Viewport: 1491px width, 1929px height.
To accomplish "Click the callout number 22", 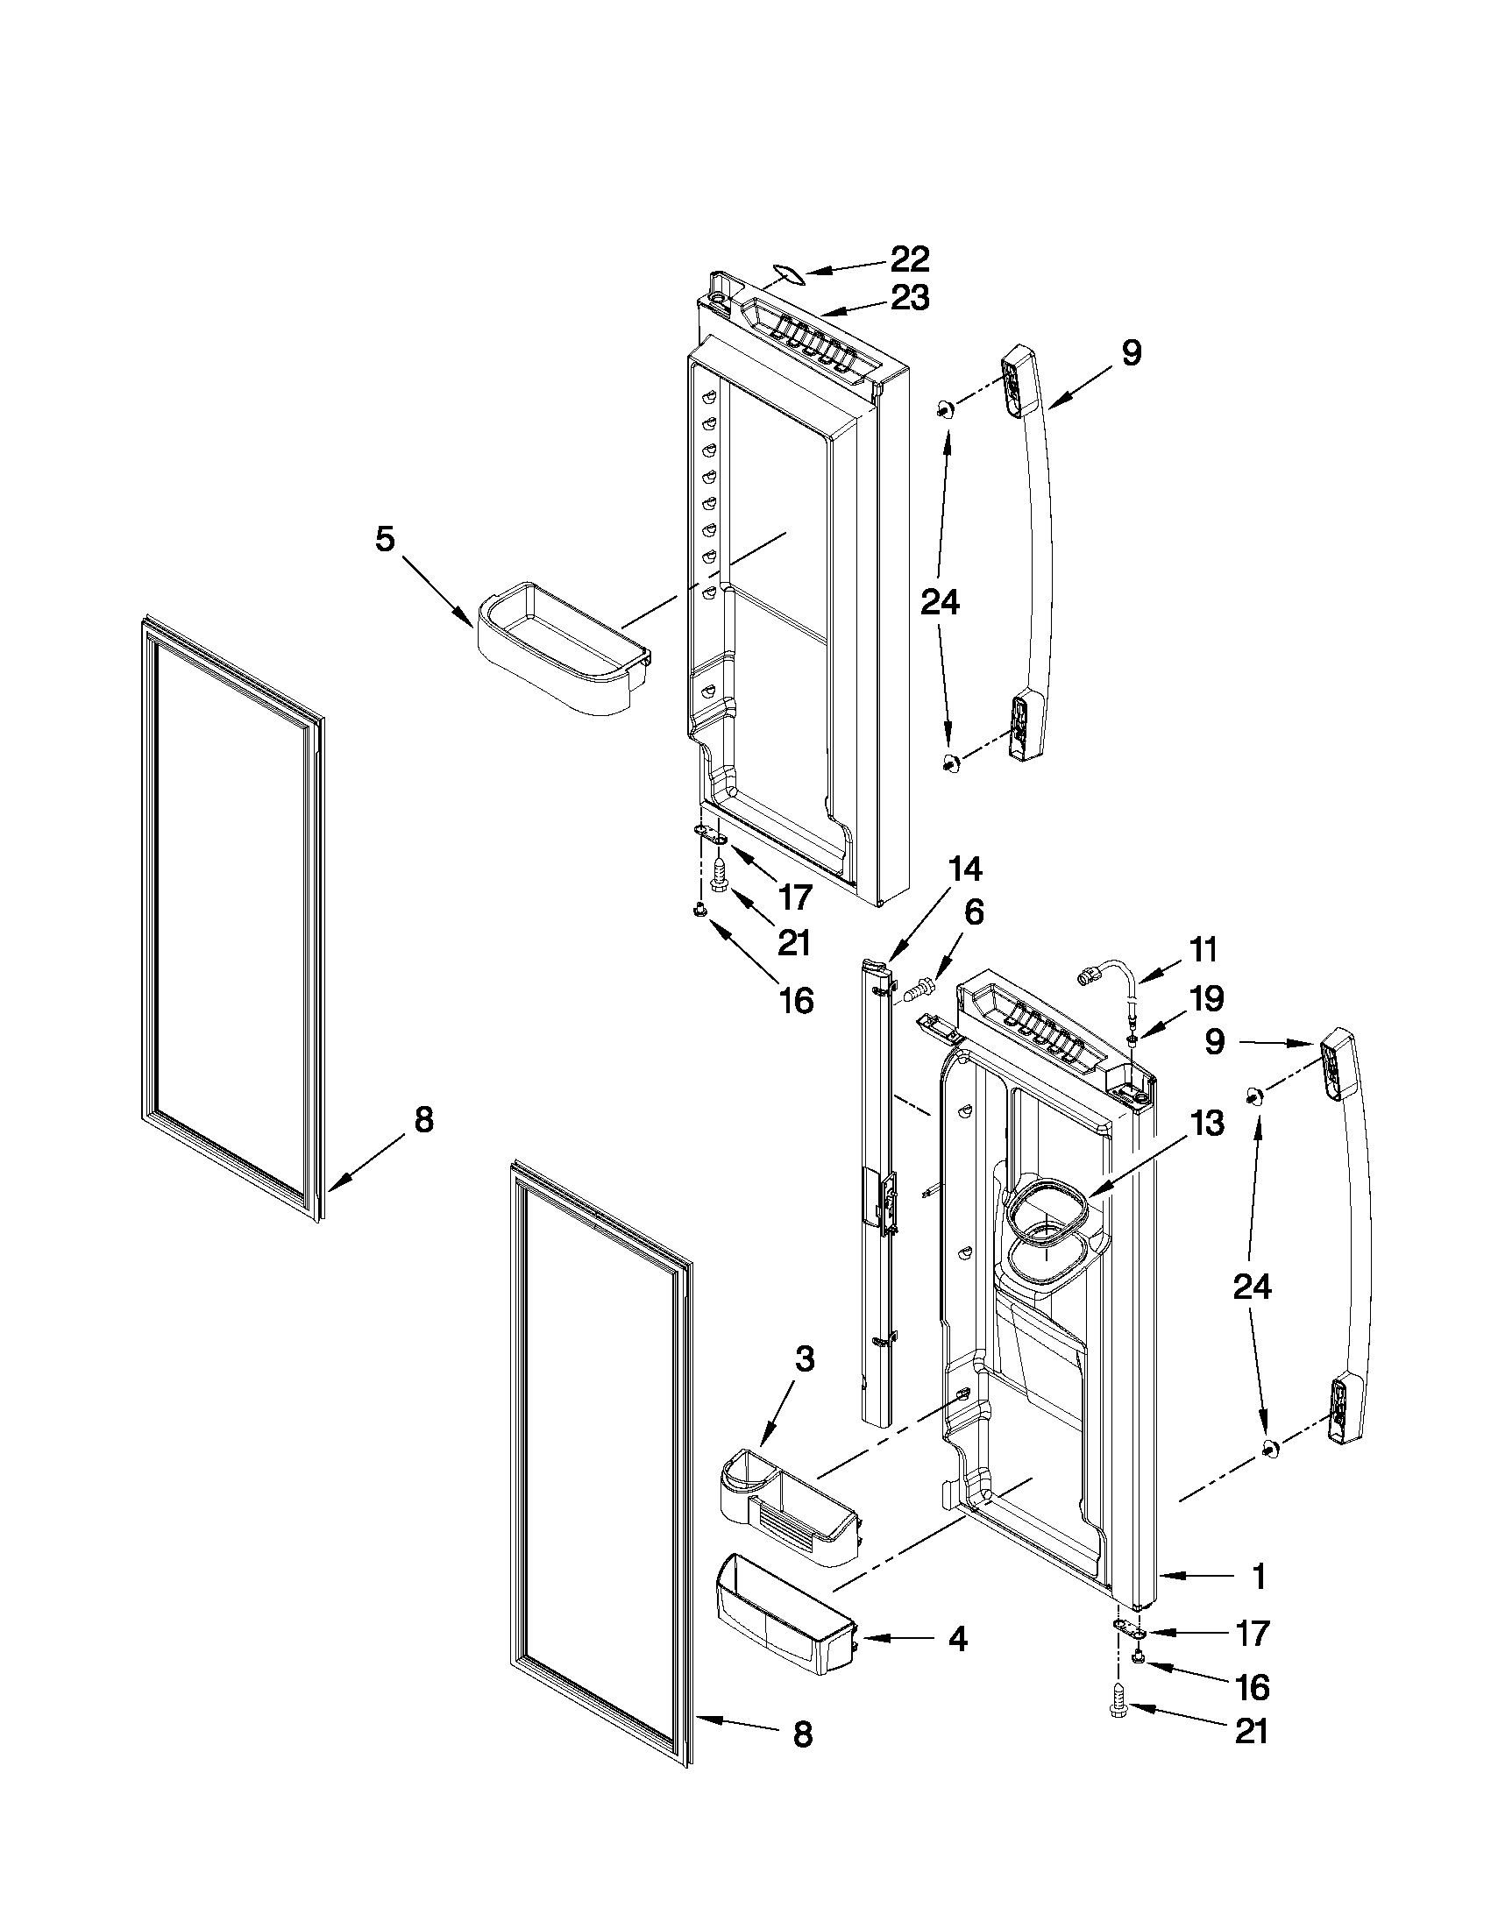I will pos(909,259).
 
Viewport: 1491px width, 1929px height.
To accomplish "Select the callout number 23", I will pos(909,298).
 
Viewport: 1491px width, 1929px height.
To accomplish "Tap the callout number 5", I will pos(384,539).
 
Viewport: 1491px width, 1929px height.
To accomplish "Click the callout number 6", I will pos(972,912).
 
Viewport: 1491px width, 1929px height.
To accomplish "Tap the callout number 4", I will pos(956,1640).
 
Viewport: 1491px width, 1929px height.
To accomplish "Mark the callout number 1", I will pos(1259,1577).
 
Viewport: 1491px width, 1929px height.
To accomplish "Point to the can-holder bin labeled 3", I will pos(786,1517).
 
